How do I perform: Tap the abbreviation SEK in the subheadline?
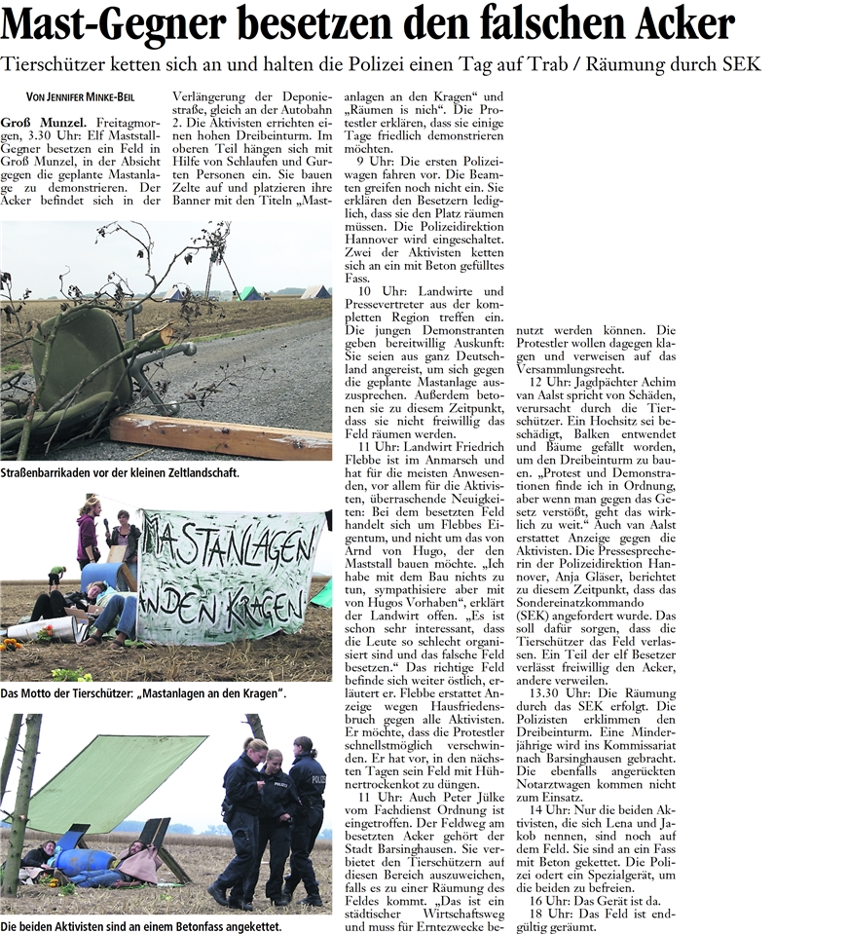point(739,64)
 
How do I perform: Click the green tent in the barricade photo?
point(250,293)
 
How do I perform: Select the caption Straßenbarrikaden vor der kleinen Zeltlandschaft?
point(119,473)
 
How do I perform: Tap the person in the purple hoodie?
point(89,534)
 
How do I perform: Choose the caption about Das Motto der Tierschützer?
point(143,692)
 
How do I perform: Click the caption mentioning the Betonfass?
point(141,925)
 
